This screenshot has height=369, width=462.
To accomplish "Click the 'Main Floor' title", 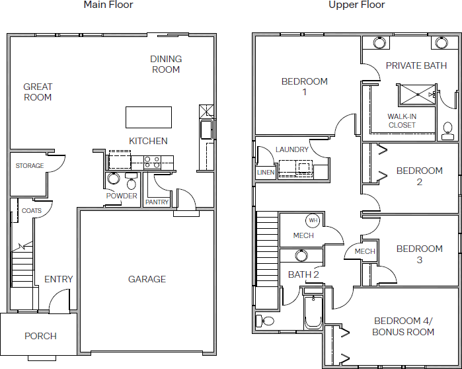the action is [x=108, y=5].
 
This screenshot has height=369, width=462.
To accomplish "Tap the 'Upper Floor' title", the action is [x=356, y=5].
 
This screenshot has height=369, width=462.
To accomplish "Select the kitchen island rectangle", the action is [x=149, y=117].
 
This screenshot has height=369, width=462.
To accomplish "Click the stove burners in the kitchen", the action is [x=152, y=163].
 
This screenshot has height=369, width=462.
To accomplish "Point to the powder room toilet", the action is [x=131, y=181].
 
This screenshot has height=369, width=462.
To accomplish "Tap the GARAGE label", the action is [x=147, y=279].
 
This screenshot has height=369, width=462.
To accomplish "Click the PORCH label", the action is [x=40, y=336].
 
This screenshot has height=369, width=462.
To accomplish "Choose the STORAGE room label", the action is [x=30, y=165].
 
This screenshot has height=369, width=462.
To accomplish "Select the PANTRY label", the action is [x=157, y=202].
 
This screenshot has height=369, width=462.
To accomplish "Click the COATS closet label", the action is [x=32, y=211].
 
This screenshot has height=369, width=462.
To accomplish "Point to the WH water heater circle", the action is [x=313, y=220].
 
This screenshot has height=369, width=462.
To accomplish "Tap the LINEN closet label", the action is [x=266, y=173].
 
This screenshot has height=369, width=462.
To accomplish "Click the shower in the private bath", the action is [x=416, y=95].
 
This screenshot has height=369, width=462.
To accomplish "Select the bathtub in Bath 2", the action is [x=313, y=312].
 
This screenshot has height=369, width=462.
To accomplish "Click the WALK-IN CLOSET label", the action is [x=402, y=121].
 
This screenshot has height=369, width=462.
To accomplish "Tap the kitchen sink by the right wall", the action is [x=207, y=130].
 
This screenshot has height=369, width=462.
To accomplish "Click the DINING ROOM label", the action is [x=166, y=64].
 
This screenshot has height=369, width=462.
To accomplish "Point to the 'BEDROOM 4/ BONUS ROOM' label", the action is [x=403, y=326].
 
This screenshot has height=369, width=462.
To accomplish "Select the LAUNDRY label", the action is [x=291, y=149].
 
